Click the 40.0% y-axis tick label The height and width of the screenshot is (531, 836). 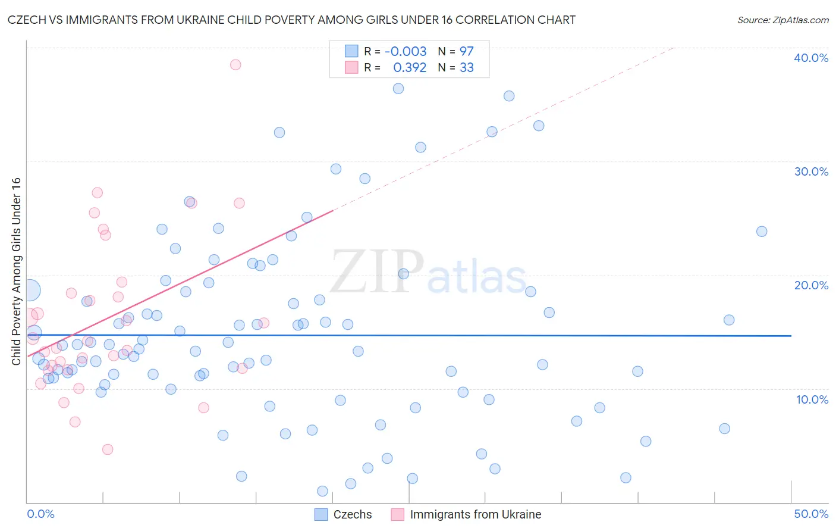811,58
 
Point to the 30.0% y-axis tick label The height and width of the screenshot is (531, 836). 811,171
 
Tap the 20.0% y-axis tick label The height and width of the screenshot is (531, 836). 811,285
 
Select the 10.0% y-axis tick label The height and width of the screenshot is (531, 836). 812,399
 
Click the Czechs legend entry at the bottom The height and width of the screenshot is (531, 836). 344,514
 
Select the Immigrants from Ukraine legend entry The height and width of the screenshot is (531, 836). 467,514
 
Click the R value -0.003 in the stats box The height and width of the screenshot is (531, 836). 406,51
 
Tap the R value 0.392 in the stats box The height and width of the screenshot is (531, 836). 410,68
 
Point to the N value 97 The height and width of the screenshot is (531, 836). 466,51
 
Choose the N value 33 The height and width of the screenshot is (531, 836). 466,68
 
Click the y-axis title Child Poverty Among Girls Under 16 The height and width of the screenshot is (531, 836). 16,271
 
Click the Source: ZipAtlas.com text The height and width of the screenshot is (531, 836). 782,20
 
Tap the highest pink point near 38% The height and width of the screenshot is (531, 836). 235,64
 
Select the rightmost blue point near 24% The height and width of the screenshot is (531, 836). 762,232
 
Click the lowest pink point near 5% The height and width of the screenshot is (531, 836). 108,449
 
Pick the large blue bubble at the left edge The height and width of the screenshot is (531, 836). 30,291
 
